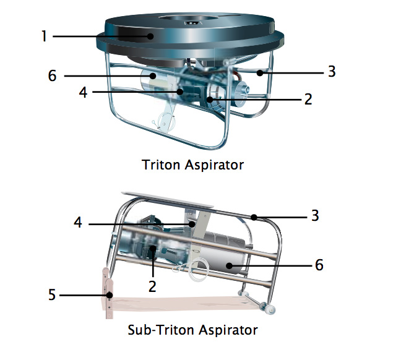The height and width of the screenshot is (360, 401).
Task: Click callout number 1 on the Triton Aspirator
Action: click(44, 36)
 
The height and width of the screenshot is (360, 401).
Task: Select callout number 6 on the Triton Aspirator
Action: click(52, 75)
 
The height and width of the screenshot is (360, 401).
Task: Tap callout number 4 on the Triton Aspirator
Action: click(83, 92)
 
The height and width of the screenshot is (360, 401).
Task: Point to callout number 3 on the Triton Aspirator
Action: click(332, 71)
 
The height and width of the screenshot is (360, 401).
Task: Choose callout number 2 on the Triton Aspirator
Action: click(308, 99)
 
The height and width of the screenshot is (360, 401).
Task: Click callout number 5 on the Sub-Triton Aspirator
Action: click(52, 294)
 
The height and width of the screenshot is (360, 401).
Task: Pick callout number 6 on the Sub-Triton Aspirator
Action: click(319, 265)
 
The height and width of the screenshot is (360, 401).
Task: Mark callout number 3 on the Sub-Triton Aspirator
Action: click(315, 215)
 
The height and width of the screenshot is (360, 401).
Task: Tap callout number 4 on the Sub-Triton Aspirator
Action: click(78, 222)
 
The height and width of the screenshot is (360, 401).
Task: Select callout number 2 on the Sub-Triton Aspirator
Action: click(152, 286)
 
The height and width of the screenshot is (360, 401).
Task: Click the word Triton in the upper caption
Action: click(161, 165)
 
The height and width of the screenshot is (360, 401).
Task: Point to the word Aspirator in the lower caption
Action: click(228, 330)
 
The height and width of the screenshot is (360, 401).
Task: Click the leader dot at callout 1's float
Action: click(150, 36)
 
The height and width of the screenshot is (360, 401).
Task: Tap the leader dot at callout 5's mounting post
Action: click(110, 295)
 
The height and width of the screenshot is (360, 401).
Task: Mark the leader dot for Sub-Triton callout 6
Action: click(229, 266)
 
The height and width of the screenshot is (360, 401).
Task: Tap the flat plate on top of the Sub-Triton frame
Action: click(167, 199)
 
